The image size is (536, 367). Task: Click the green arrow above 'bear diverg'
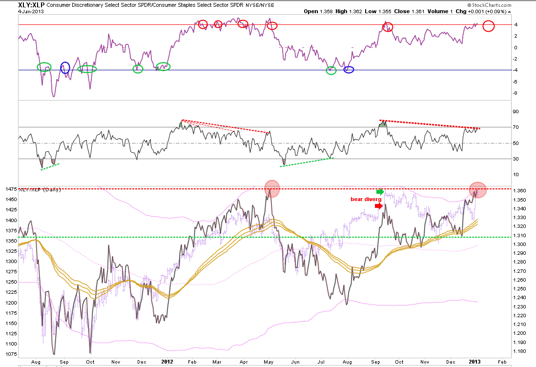(380, 192)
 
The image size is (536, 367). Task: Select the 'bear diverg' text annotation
(366, 199)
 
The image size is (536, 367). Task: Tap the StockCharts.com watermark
(490, 5)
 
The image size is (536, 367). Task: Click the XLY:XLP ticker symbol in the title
(31, 5)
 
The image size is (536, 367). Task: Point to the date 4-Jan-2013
(31, 11)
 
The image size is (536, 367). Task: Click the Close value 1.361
(417, 11)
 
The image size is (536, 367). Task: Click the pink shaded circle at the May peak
(272, 189)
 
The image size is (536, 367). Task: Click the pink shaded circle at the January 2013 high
(477, 190)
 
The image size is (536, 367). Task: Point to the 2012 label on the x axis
(167, 362)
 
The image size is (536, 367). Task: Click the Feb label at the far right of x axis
(502, 362)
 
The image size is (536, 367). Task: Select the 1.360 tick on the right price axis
(519, 191)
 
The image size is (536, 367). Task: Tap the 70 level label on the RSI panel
(515, 127)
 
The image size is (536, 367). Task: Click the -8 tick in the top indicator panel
(515, 93)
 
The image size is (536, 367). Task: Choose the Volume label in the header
(437, 11)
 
